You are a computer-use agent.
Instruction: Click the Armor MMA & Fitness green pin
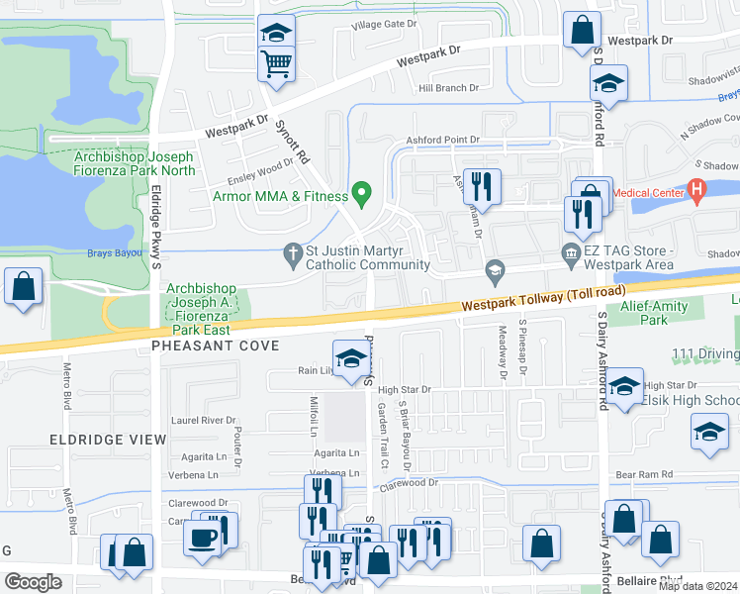coord(362,192)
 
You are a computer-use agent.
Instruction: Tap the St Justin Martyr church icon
coord(292,252)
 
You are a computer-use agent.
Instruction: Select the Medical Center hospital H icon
coord(697,188)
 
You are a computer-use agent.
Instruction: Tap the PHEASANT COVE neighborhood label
coord(216,346)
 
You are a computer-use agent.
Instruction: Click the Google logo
coord(33,581)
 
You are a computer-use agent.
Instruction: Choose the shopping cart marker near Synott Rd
coord(277,63)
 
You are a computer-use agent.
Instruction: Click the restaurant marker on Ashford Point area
coord(482,185)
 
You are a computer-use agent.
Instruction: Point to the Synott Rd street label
coord(292,144)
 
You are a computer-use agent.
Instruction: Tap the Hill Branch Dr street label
coord(448,88)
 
